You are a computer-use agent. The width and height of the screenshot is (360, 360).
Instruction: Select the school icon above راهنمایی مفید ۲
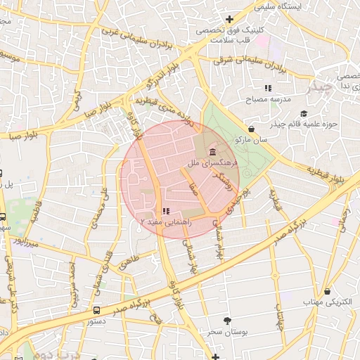(165, 210)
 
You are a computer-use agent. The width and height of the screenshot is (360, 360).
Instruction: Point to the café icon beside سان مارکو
(251, 129)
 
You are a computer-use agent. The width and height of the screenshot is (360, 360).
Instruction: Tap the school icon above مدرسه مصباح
(267, 88)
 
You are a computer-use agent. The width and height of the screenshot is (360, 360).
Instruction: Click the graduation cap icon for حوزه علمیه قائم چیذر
(304, 113)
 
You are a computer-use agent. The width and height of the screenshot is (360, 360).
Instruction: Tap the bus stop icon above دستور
(96, 309)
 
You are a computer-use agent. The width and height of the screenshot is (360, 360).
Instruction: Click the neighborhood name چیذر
(319, 87)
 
